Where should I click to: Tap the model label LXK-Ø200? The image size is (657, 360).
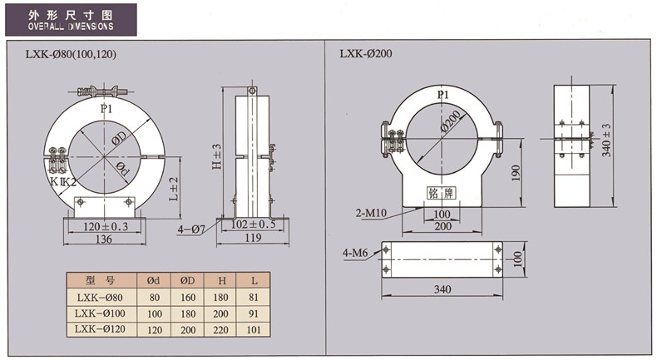point(365,54)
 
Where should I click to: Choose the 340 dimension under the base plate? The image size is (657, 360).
point(443,290)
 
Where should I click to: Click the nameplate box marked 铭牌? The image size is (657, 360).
point(438,193)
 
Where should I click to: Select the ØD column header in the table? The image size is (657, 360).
point(188,280)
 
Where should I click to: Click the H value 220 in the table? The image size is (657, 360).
point(222,329)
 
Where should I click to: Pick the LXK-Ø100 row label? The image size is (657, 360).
point(99,313)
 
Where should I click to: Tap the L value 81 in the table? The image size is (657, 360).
point(255,297)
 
